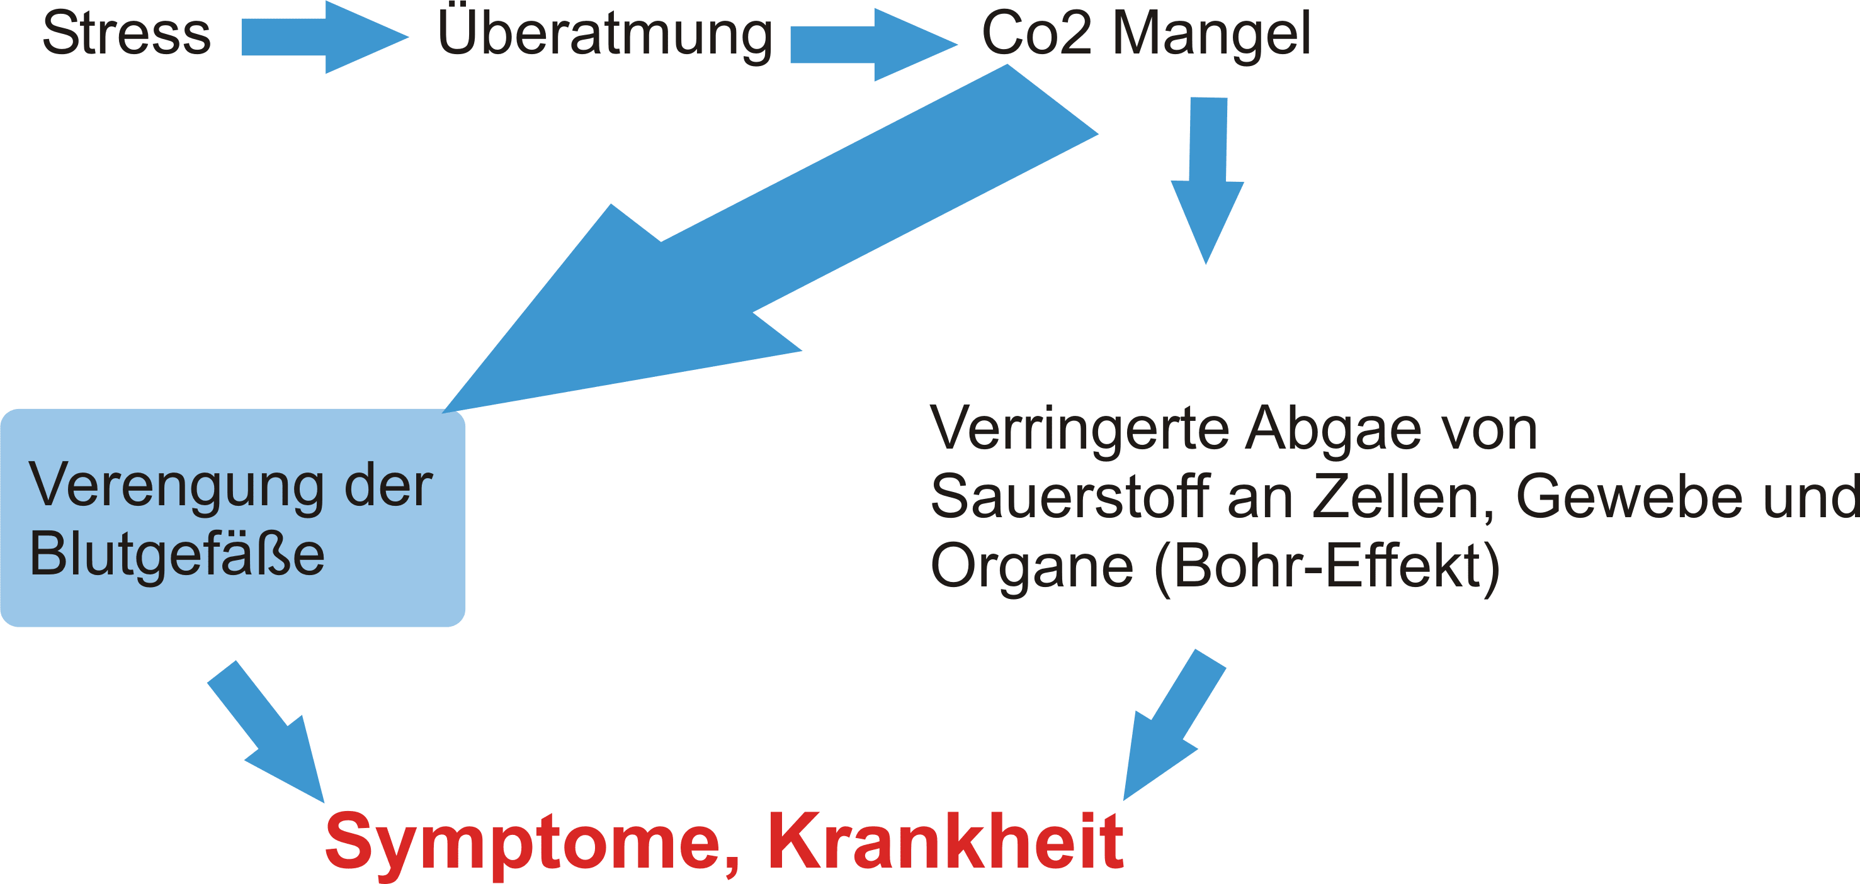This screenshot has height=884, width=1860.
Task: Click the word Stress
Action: pyautogui.click(x=127, y=33)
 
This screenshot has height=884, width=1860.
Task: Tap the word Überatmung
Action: pyautogui.click(x=605, y=33)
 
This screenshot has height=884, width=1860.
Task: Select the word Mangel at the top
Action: pyautogui.click(x=1211, y=33)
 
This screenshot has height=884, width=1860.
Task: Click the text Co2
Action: pyautogui.click(x=1037, y=33)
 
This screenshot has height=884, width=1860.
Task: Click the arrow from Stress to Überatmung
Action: pyautogui.click(x=325, y=36)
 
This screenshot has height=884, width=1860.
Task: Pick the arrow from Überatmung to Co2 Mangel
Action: pyautogui.click(x=874, y=45)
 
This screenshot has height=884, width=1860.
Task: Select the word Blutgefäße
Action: pyautogui.click(x=177, y=554)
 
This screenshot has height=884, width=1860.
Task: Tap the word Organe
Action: pyautogui.click(x=1031, y=566)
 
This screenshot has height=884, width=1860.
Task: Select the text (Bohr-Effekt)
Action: pyautogui.click(x=1327, y=567)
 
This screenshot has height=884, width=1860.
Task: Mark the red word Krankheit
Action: pyautogui.click(x=945, y=841)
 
